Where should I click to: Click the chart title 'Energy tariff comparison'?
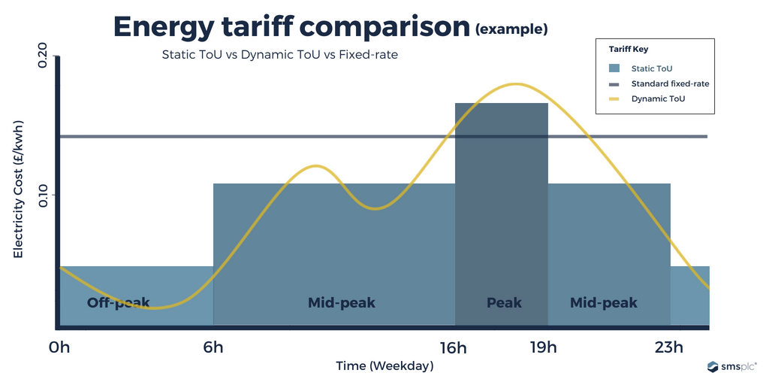291,26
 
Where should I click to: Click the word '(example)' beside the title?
511,30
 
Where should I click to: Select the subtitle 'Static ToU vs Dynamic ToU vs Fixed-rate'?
279,55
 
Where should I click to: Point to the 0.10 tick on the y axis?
42,196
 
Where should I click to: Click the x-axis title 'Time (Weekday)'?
384,366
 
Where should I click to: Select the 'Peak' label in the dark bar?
504,303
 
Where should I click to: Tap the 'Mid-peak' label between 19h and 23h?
603,303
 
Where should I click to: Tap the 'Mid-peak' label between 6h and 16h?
341,303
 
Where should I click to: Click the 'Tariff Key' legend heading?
628,49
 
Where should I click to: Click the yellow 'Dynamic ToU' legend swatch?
614,99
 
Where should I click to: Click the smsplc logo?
731,366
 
